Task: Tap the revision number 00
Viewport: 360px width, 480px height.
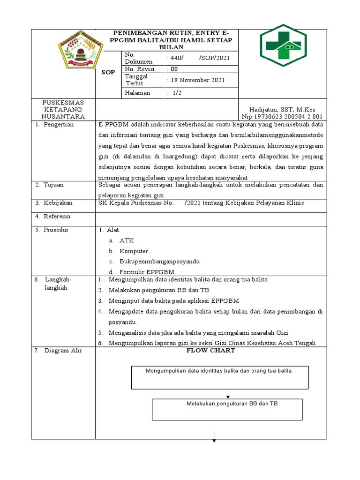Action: (173, 69)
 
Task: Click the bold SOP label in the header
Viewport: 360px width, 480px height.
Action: (108, 73)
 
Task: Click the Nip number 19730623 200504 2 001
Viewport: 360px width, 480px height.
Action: (282, 116)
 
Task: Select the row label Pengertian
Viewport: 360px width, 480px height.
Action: (59, 125)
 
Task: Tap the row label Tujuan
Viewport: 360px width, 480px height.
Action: (53, 185)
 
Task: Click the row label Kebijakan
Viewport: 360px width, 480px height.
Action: (57, 202)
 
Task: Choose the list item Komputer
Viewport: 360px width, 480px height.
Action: (134, 251)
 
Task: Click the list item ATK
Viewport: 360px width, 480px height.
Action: (127, 240)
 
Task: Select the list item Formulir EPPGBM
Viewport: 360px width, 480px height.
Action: (147, 272)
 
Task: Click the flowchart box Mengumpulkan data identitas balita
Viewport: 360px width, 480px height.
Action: (220, 378)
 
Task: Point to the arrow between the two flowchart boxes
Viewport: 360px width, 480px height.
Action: (228, 394)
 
